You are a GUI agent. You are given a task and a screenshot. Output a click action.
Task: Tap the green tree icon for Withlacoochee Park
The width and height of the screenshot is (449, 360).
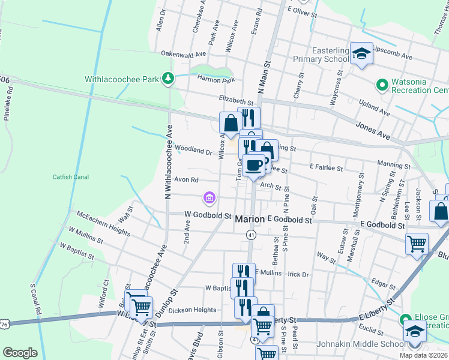tap(169, 79)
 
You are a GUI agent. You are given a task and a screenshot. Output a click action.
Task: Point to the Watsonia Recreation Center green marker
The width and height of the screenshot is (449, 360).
tap(380, 85)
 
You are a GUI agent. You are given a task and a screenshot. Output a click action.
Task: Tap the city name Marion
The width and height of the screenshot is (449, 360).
tap(250, 220)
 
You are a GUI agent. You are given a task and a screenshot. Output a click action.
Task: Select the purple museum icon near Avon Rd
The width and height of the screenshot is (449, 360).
tap(209, 197)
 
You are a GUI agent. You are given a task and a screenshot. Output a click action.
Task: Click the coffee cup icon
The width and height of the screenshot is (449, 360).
tap(255, 164)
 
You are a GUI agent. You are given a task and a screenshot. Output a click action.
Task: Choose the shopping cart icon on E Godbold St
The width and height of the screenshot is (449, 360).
tap(417, 244)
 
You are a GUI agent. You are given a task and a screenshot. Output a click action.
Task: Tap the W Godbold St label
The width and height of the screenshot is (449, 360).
tap(208, 215)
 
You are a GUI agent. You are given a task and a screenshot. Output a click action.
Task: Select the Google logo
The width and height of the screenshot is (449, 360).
tap(20, 353)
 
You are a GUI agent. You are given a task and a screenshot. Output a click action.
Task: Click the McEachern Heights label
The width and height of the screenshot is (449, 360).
tap(103, 223)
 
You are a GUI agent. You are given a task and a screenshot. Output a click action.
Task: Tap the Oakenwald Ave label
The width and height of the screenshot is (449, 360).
tap(183, 53)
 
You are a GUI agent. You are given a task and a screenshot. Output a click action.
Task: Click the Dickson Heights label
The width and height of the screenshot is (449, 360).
tap(192, 310)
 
